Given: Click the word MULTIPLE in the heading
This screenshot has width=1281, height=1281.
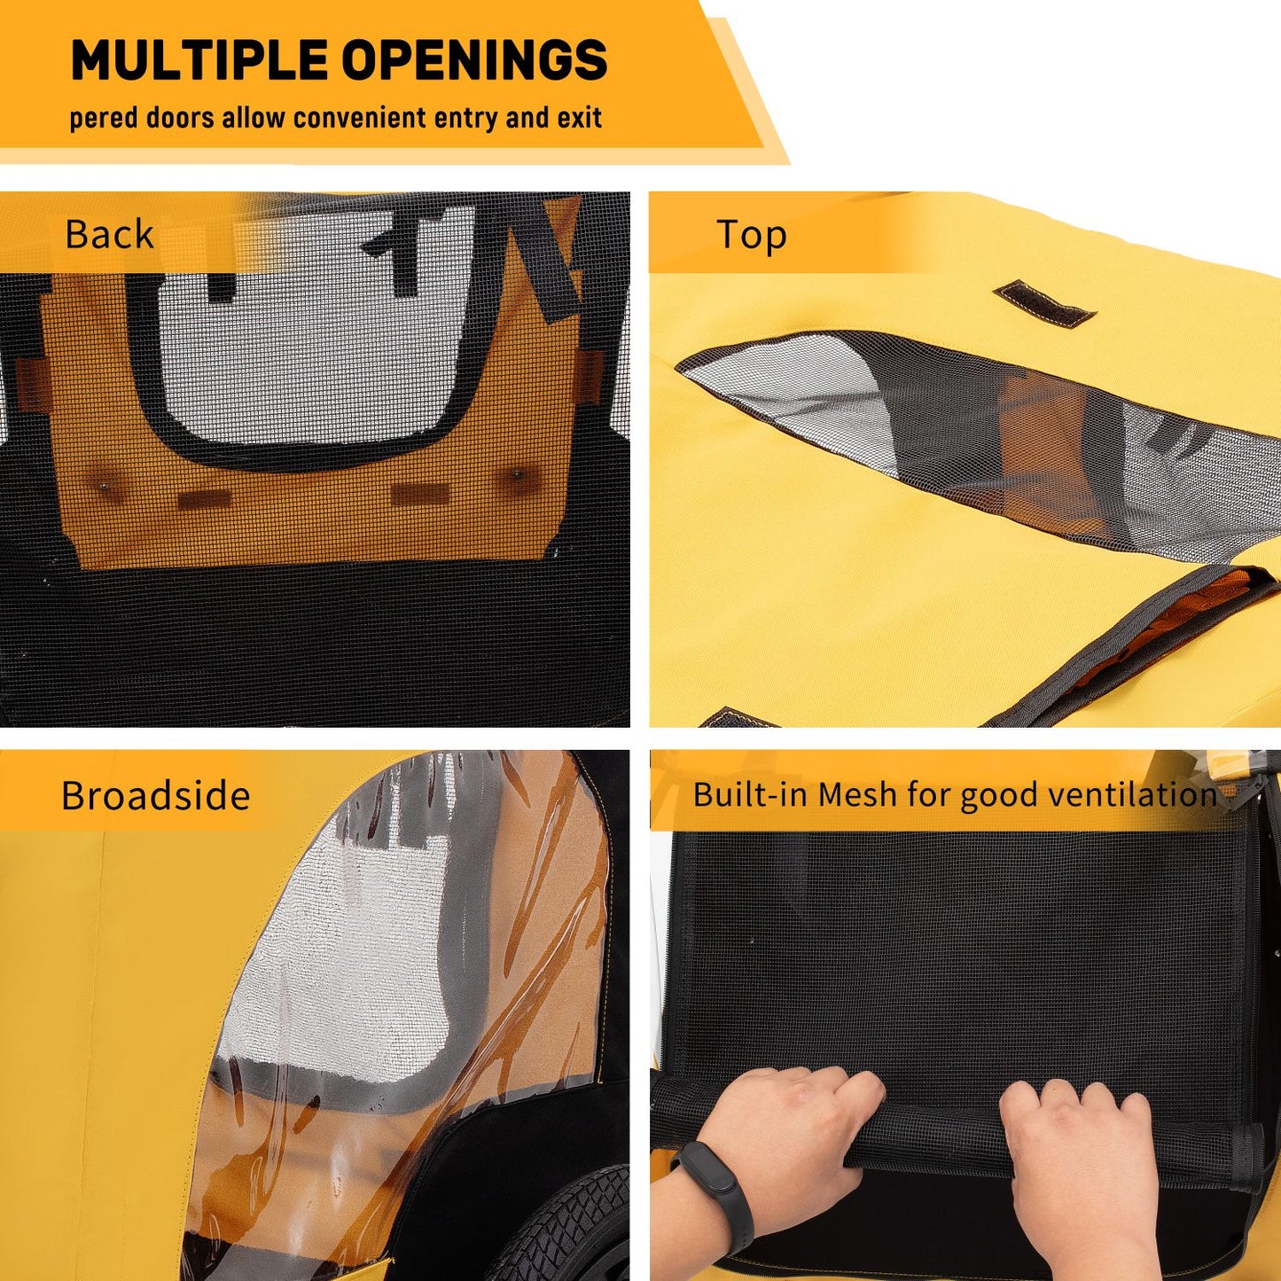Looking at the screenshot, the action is click(x=199, y=59).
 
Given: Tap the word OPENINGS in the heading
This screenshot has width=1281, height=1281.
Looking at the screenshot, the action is click(x=474, y=59).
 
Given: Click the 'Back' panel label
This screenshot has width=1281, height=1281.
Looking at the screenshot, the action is click(x=110, y=234).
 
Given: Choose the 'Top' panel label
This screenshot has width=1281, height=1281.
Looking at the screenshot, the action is click(x=752, y=235).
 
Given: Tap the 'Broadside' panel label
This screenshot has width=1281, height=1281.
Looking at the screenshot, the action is click(x=155, y=794).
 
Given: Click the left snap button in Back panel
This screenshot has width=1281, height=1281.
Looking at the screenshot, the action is click(x=104, y=486).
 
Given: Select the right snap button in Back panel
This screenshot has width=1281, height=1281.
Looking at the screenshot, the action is click(x=517, y=474).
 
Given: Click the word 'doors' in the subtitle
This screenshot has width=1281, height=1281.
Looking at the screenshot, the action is click(x=179, y=118).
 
